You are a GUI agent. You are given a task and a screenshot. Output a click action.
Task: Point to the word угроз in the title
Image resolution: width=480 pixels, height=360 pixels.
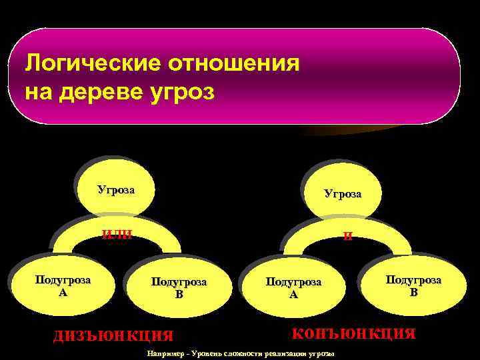(187, 92)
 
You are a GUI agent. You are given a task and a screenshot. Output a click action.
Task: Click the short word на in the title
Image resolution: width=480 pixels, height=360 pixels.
(38, 92)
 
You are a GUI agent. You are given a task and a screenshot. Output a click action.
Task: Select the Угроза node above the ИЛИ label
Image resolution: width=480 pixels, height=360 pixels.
(116, 190)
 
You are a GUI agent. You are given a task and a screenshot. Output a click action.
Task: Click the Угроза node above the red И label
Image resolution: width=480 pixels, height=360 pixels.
(343, 194)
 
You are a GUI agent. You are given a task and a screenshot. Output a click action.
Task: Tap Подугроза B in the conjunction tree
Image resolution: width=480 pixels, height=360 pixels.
(413, 285)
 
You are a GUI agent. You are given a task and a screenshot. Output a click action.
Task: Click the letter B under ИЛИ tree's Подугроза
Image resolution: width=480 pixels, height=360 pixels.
(179, 294)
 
